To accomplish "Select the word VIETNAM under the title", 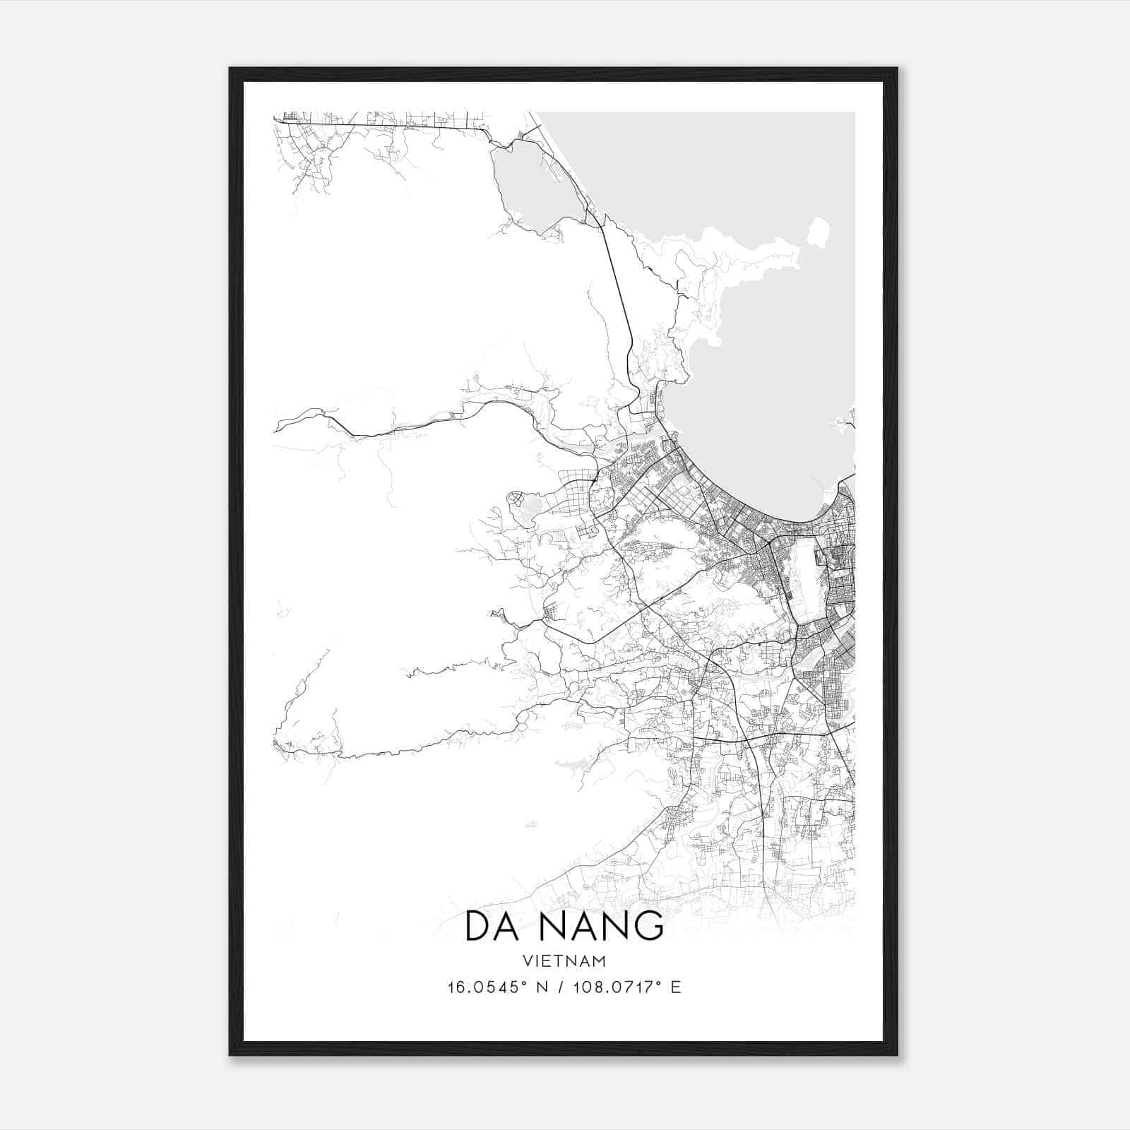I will coord(564,961).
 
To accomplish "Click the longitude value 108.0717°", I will coord(613,987).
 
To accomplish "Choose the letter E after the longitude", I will coord(676,987).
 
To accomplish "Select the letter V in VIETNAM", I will coord(528,961).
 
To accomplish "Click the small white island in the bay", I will coord(819,232).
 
